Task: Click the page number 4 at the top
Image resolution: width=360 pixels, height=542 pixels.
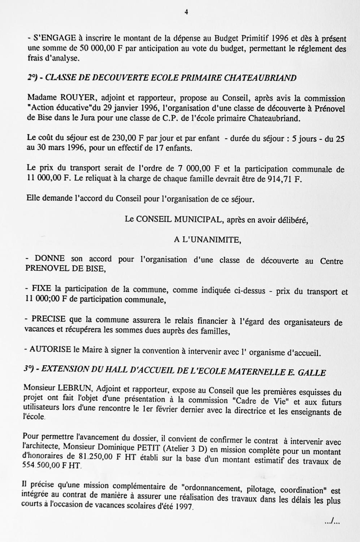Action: point(186,12)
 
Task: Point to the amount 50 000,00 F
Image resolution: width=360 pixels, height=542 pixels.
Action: point(97,48)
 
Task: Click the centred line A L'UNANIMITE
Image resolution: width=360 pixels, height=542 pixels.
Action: point(207,240)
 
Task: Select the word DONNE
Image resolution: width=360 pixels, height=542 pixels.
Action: point(49,259)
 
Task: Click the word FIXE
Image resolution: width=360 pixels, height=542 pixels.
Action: point(42,289)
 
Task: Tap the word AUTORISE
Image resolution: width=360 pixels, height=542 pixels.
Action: point(50,350)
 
